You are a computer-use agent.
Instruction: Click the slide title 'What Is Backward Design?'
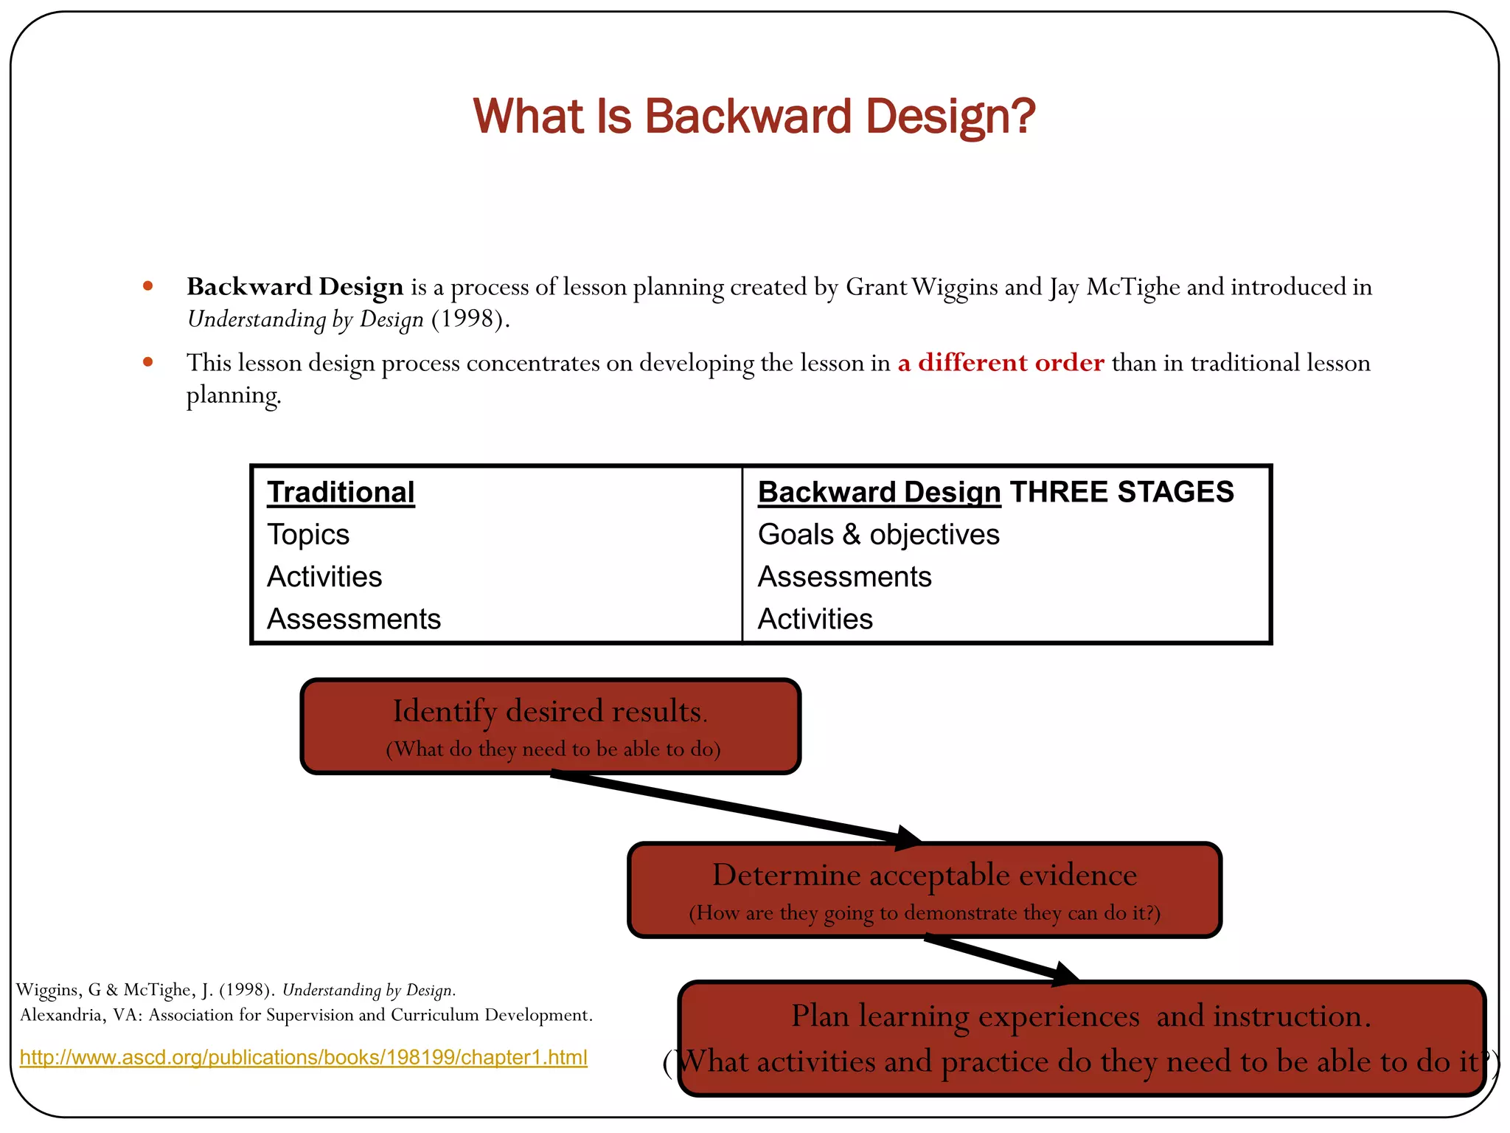point(754,117)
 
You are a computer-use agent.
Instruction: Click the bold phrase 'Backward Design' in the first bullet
point(295,286)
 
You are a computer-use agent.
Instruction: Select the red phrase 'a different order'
point(1001,362)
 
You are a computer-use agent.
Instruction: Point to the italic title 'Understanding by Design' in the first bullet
point(305,319)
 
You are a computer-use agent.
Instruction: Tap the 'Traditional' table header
point(341,492)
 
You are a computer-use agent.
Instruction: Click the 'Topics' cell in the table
point(308,535)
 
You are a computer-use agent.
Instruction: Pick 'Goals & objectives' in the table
point(878,535)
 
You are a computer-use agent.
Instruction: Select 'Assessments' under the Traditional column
point(354,619)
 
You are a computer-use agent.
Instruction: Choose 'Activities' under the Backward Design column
point(815,619)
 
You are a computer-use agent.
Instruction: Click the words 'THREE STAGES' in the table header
point(1121,492)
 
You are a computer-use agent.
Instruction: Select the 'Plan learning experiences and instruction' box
point(1081,1038)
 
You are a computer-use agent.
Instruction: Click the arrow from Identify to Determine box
point(737,808)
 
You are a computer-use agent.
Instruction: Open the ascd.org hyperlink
point(303,1057)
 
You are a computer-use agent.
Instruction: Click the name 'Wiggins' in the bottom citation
point(48,990)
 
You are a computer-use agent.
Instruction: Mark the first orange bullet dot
point(148,286)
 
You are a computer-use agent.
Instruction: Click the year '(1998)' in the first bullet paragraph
point(470,319)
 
